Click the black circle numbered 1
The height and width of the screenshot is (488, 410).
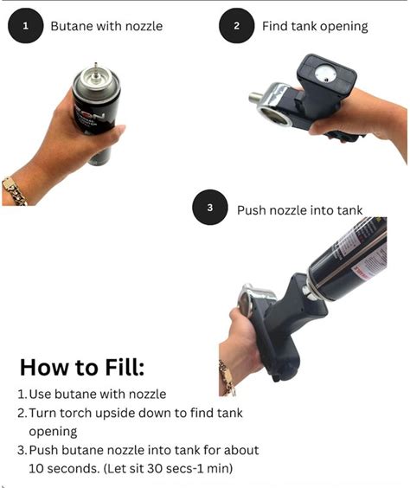pos(25,25)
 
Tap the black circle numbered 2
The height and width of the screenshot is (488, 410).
pos(237,25)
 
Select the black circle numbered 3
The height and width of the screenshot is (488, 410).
pos(210,208)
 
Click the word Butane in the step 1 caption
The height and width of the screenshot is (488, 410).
pos(72,26)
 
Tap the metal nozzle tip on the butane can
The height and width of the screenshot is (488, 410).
pos(96,67)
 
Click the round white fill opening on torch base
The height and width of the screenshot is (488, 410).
pos(325,74)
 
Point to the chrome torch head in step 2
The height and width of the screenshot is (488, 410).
pos(274,104)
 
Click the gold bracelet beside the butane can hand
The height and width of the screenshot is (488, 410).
pos(14,191)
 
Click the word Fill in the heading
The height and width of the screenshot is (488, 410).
pos(125,368)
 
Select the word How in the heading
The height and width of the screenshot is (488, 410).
pos(43,368)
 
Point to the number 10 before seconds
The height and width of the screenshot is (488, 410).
pos(36,469)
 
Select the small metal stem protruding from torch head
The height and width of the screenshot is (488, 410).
pos(254,97)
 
